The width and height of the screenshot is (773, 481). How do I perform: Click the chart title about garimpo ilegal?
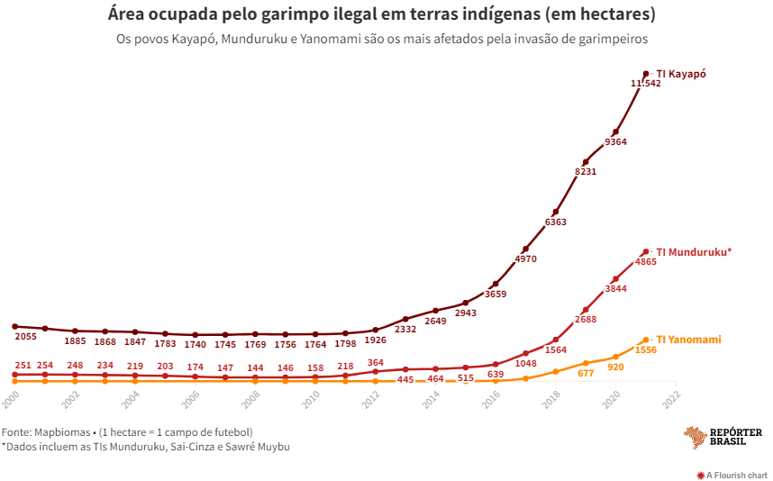pyautogui.click(x=381, y=15)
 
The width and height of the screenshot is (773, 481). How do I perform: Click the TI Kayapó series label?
pyautogui.click(x=681, y=74)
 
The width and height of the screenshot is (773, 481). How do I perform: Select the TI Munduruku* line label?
pyautogui.click(x=693, y=252)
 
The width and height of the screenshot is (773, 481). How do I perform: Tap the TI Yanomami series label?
pyautogui.click(x=688, y=340)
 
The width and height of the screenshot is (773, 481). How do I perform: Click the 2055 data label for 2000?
pyautogui.click(x=26, y=336)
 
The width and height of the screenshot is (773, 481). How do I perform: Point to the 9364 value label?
pyautogui.click(x=616, y=142)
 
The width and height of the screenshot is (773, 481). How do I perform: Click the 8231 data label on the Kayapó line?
pyautogui.click(x=586, y=171)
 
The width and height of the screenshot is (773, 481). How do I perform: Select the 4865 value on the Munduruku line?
pyautogui.click(x=646, y=262)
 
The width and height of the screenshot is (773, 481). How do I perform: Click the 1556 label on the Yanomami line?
pyautogui.click(x=646, y=349)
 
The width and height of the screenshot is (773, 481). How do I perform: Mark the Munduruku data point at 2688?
pyautogui.click(x=586, y=310)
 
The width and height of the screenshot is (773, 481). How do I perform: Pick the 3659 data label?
pyautogui.click(x=496, y=294)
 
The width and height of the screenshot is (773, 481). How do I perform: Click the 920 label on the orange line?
pyautogui.click(x=615, y=367)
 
